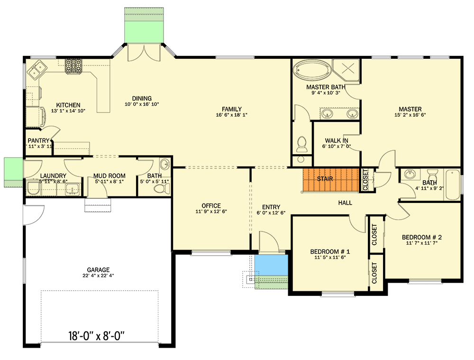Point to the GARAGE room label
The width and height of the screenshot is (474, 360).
(98, 270)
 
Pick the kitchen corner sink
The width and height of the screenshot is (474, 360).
(36, 71)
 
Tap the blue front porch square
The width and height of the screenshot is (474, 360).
(271, 266)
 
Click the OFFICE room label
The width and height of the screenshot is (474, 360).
(211, 206)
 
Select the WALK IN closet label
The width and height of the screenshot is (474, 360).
(337, 141)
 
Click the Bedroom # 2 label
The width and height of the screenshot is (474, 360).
(422, 237)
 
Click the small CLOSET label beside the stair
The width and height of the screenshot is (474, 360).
(365, 180)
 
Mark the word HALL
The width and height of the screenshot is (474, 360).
(345, 203)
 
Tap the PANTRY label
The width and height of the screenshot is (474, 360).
(38, 141)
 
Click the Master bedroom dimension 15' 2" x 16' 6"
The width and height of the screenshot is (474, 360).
(410, 115)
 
